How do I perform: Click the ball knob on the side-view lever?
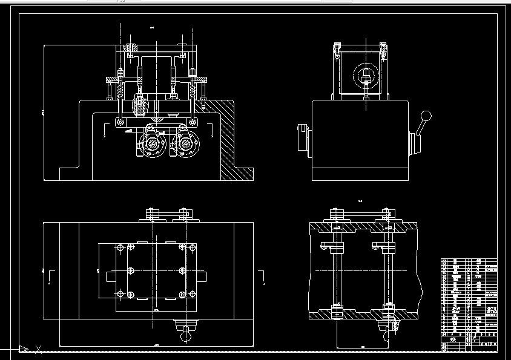[x=426, y=115]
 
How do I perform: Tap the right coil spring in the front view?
[x=194, y=91]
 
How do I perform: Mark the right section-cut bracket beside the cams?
[x=211, y=128]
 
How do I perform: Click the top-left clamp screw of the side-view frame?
[x=336, y=47]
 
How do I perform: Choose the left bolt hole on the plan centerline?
[x=130, y=270]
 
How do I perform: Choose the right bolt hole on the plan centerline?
[x=182, y=270]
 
